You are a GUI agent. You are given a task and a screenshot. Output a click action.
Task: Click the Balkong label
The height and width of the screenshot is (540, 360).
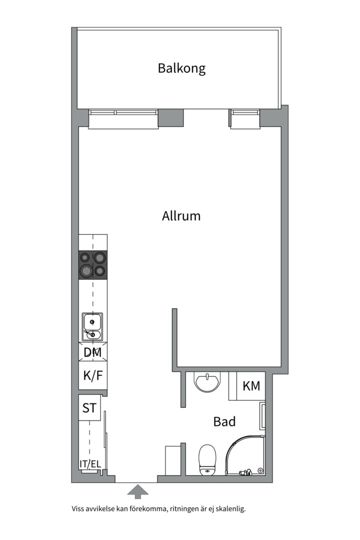[x=181, y=68]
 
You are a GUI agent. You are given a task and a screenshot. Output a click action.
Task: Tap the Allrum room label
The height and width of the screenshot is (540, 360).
[x=181, y=216]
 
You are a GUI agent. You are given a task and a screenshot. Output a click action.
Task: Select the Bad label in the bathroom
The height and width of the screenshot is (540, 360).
[x=224, y=421]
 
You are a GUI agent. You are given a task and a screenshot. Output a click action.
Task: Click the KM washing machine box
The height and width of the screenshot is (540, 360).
[x=247, y=385]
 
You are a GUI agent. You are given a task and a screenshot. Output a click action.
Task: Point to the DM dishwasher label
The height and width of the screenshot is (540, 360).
[x=92, y=352]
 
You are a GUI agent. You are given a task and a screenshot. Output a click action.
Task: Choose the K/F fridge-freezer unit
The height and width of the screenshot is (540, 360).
[x=93, y=375]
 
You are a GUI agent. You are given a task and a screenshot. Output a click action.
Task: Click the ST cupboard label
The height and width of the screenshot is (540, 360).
[x=89, y=408]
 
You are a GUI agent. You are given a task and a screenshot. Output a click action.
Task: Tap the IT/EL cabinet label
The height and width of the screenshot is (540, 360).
[x=90, y=464]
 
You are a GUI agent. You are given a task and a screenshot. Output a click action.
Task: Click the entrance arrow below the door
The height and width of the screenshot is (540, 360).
[x=138, y=491]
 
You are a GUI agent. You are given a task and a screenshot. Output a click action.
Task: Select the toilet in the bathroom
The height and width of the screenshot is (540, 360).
[x=207, y=460]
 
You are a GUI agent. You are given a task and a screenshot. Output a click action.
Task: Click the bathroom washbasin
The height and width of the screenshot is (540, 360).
[x=206, y=382]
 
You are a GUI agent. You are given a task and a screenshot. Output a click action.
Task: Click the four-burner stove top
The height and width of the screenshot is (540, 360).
[x=93, y=265]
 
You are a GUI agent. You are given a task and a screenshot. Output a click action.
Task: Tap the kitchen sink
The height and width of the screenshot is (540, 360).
[x=92, y=327]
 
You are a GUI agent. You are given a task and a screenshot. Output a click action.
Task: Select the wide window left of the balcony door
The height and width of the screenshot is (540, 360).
[x=123, y=119]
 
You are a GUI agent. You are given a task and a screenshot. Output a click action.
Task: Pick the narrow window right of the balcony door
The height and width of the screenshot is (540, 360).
[x=245, y=119]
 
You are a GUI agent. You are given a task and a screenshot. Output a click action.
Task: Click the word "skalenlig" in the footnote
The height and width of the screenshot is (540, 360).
[x=231, y=508]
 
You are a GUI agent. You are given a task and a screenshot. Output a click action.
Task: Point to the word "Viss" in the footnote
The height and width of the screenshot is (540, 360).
[x=77, y=508]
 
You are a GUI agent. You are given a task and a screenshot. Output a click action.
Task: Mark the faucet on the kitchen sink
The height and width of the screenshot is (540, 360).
[x=91, y=333]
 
